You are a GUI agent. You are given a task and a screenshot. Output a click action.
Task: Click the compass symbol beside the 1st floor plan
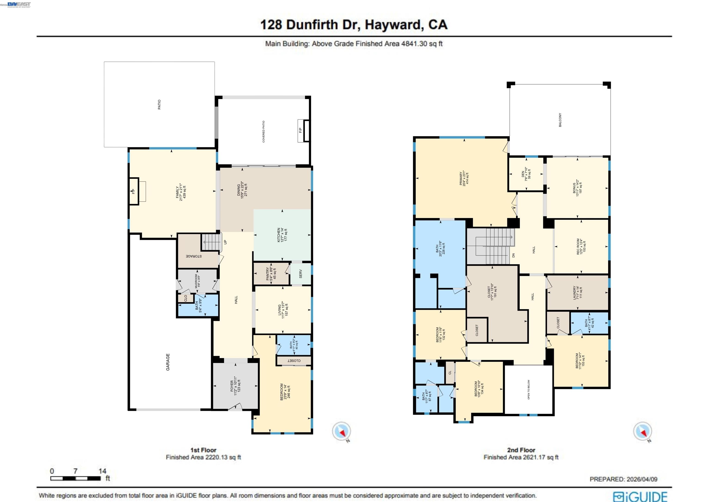pos(341,431)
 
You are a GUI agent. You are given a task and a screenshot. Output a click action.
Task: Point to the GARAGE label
pos(168,362)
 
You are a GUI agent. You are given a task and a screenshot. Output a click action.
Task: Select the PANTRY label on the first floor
pos(271,274)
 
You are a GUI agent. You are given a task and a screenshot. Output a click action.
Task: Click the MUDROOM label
pos(197,281)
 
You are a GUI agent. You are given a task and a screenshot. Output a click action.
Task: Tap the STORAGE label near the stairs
pos(194,256)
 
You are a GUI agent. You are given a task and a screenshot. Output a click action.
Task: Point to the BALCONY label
pos(560,120)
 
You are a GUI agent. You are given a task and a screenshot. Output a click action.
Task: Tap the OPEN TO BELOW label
pos(529,389)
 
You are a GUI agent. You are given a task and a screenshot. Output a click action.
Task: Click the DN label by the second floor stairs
pos(514,255)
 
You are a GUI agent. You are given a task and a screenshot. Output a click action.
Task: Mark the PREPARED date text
pos(623,479)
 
